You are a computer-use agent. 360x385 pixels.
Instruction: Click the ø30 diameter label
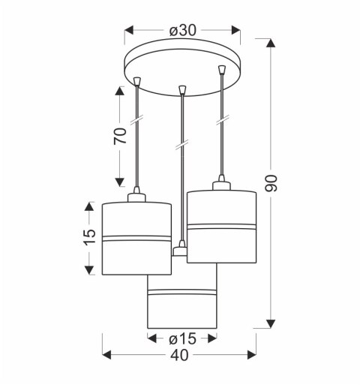coord(183,31)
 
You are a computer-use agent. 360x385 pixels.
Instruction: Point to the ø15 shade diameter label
coord(182,338)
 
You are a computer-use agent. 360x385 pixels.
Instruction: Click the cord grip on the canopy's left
coord(137,80)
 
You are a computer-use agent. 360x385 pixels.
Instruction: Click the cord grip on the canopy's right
coord(221,71)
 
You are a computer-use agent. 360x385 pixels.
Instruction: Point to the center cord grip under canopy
coord(181,92)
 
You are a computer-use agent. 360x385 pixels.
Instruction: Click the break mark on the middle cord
coord(181,144)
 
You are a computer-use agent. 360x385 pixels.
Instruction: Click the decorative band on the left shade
coord(136,239)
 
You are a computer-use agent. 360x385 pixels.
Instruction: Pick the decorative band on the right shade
coord(221,226)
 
